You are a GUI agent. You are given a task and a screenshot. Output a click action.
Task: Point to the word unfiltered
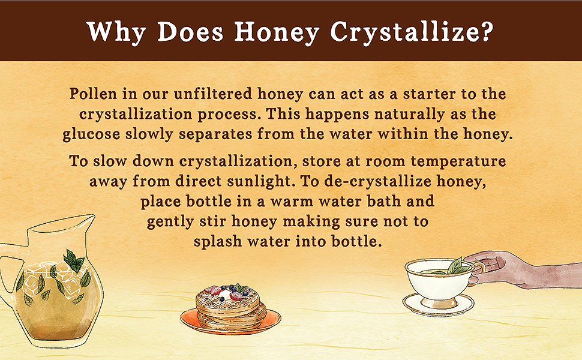point(212,94)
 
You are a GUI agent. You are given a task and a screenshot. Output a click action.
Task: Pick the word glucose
point(91,135)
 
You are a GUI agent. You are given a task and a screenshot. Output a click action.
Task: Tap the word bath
point(384,202)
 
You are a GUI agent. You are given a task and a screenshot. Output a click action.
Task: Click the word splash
point(218,242)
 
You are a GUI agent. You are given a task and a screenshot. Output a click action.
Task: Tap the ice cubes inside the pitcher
point(56,275)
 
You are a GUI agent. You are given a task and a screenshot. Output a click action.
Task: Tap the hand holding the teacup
point(520,269)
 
